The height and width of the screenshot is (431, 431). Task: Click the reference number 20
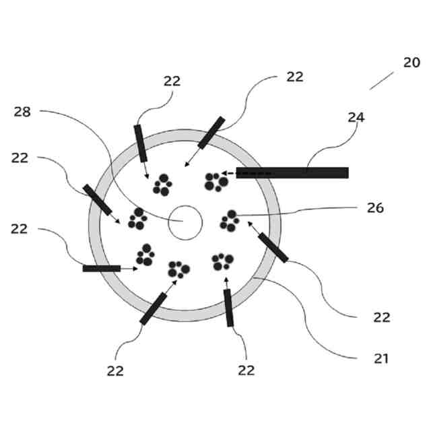pos(412,63)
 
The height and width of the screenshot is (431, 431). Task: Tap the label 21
pos(382,359)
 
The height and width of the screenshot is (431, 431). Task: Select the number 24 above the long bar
pos(356,117)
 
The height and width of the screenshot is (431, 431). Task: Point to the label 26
pos(375,208)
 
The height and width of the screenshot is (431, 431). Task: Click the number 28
pos(22,111)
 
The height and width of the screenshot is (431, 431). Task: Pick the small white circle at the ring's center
pos(185,223)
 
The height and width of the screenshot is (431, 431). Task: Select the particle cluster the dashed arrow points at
pos(215,181)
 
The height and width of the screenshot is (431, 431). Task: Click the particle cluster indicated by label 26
pos(230,220)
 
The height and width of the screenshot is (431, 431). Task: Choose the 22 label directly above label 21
pos(382,317)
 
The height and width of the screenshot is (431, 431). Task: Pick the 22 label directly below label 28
pos(20,158)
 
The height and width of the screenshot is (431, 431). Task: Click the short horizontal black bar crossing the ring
pos(101,268)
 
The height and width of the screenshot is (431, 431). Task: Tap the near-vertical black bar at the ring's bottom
pos(229,308)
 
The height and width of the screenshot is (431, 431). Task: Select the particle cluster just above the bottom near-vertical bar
pos(222,260)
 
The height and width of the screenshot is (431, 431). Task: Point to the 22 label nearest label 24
pos(294,77)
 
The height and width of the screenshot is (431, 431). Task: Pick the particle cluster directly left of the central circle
pos(137,218)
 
